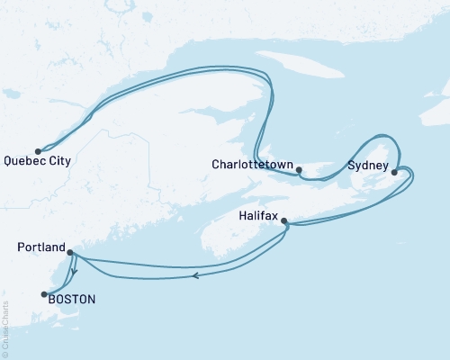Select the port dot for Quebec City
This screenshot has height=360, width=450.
(x=38, y=151)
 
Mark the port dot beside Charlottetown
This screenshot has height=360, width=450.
(x=299, y=168)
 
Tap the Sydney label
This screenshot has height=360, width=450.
(x=368, y=166)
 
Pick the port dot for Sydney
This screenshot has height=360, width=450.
(x=394, y=171)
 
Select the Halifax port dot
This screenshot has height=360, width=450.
(x=284, y=220)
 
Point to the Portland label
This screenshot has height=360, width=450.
(x=41, y=247)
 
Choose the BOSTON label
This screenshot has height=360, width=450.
(x=71, y=299)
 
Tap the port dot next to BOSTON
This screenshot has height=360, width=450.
(x=42, y=293)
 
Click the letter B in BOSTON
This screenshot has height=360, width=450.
(x=52, y=299)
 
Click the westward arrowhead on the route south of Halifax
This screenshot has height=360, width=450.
(x=195, y=275)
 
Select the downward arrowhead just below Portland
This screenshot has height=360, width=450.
(x=74, y=270)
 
